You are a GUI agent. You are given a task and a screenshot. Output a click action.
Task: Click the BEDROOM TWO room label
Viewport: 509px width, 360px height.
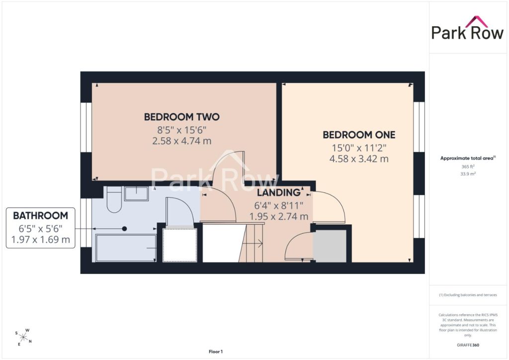(182, 117)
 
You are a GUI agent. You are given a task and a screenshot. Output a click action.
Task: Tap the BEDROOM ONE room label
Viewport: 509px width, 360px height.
(359, 135)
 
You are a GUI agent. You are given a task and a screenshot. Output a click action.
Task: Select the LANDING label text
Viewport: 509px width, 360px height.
(279, 192)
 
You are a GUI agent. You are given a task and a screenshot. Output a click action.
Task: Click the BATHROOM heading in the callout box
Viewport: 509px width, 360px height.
(41, 215)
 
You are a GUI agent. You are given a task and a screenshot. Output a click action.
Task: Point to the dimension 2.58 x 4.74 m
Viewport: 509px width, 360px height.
(182, 141)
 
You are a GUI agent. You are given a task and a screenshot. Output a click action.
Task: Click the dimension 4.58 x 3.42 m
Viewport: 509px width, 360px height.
(359, 159)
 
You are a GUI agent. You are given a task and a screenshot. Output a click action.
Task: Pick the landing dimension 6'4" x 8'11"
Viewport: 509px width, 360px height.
(279, 205)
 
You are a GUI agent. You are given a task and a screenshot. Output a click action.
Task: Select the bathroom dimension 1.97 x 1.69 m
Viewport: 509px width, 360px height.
(41, 240)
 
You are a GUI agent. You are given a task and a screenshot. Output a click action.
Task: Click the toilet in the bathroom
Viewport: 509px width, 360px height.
(114, 199)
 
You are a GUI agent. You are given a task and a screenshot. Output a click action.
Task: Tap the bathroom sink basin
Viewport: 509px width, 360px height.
(136, 194)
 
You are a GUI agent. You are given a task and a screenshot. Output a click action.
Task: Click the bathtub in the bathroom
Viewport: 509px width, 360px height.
(126, 248)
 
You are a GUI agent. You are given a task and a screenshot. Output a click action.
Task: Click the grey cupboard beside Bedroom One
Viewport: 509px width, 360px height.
(330, 246)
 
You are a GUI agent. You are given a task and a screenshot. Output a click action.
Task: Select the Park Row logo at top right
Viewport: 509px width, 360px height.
(467, 28)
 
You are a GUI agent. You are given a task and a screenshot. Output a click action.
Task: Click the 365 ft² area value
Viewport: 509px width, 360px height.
(468, 167)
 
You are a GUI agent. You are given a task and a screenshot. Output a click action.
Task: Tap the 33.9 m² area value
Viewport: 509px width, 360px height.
(468, 174)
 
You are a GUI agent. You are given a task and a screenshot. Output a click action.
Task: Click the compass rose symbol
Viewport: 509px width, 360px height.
(23, 337)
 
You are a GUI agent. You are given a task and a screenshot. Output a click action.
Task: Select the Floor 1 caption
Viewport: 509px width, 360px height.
(216, 352)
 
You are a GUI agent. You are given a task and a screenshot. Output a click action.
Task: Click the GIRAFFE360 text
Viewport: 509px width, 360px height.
(468, 345)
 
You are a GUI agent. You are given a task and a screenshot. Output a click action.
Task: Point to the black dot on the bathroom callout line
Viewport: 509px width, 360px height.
(124, 229)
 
